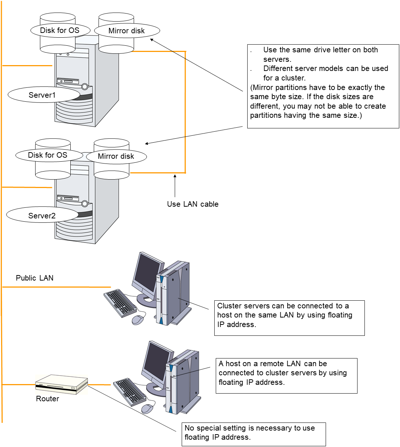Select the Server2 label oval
click(x=42, y=215)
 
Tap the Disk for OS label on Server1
click(x=60, y=30)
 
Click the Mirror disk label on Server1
click(x=127, y=31)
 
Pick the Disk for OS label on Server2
click(x=48, y=155)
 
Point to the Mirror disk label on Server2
click(x=116, y=157)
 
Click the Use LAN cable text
click(x=193, y=204)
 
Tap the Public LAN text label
click(x=34, y=278)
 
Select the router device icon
click(x=62, y=384)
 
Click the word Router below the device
click(x=47, y=399)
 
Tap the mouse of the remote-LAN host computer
click(x=147, y=409)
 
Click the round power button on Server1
click(x=85, y=87)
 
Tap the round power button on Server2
click(x=85, y=203)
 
